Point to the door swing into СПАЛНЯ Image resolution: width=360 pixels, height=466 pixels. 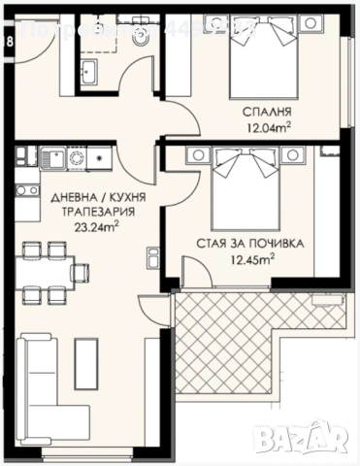[x=175, y=116]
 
